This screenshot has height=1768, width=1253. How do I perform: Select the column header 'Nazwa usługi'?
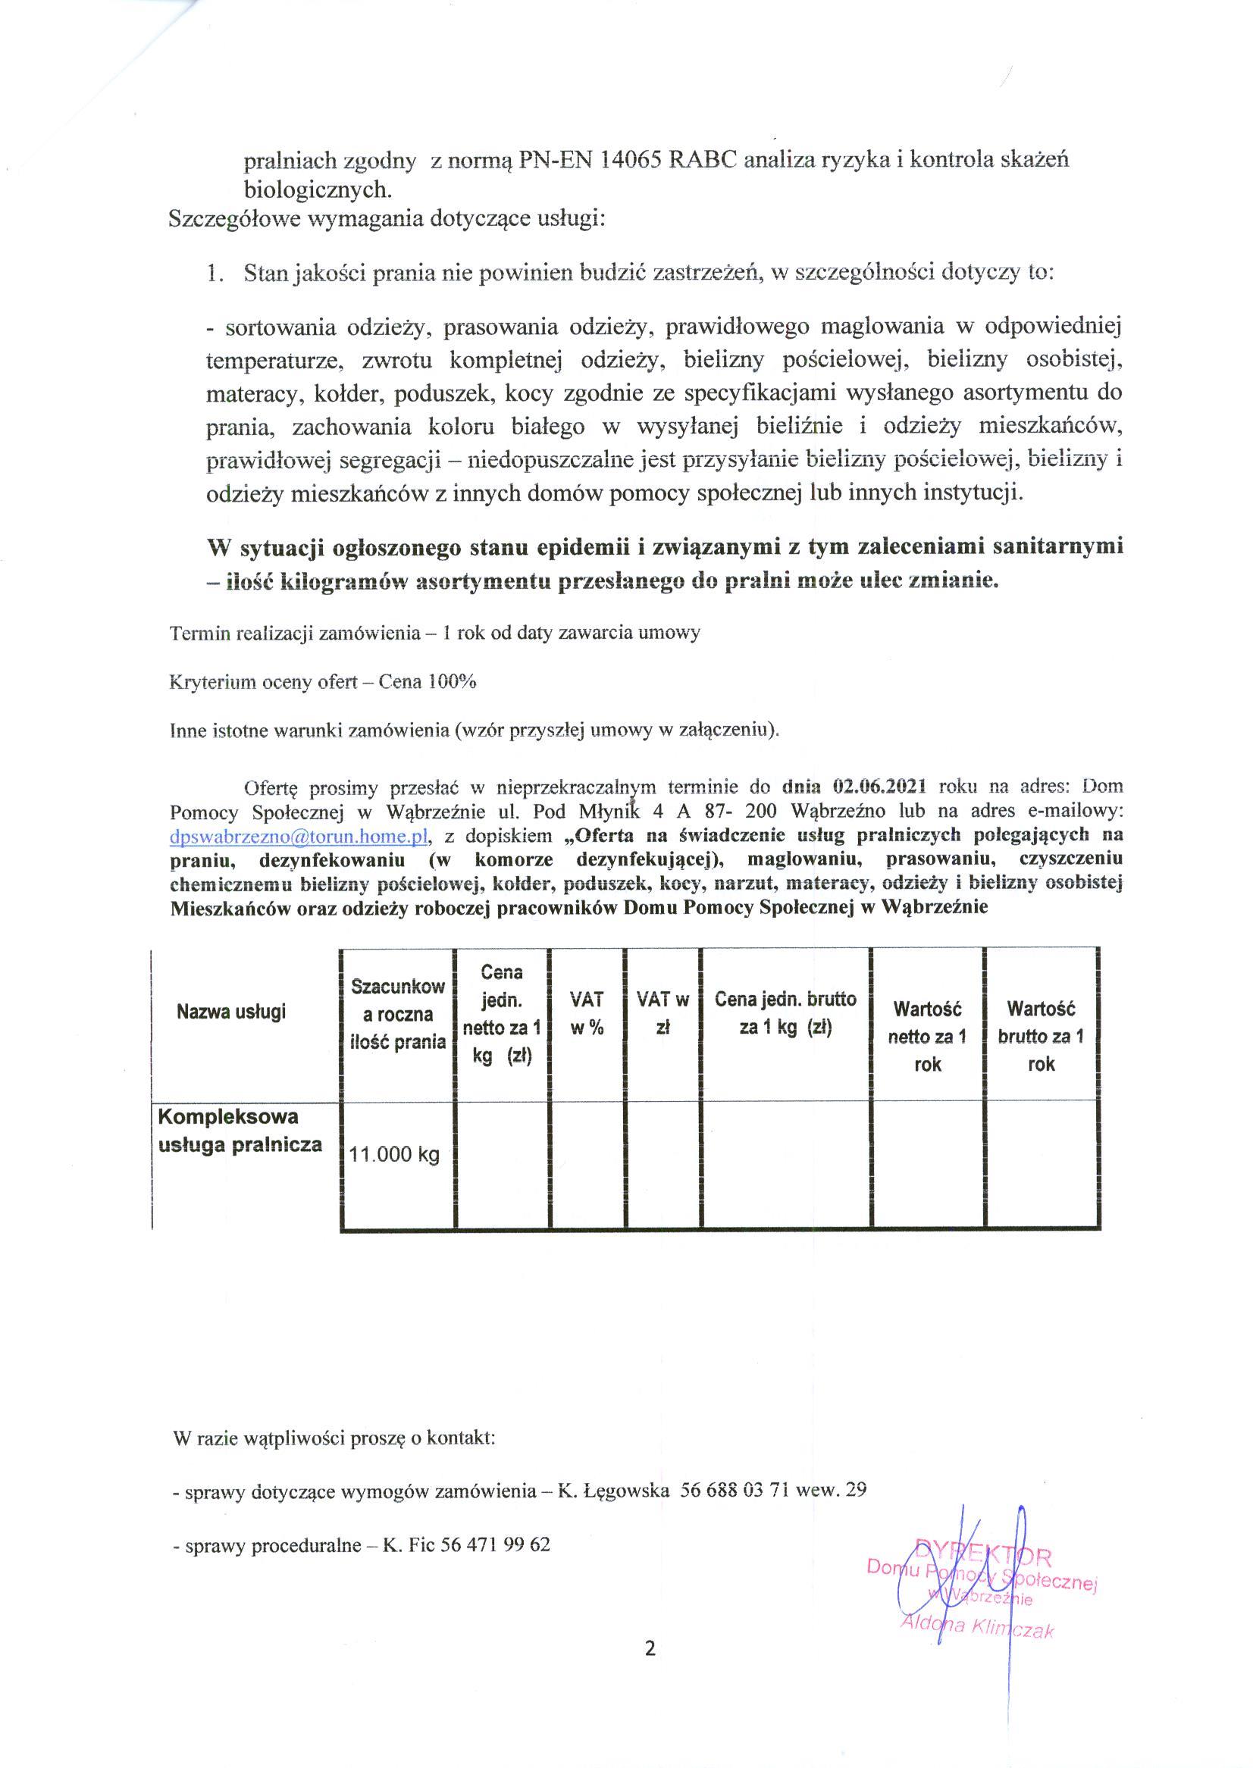click(230, 1012)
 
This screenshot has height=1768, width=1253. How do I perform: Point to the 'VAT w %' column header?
click(587, 1014)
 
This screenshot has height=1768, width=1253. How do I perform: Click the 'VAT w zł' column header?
click(662, 1014)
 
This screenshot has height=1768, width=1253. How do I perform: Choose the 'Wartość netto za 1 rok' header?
click(926, 1037)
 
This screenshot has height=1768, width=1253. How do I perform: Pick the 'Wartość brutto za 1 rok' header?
click(1041, 1037)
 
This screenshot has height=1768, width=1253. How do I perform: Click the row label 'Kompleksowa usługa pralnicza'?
click(240, 1131)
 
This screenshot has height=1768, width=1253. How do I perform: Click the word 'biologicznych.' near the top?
click(318, 190)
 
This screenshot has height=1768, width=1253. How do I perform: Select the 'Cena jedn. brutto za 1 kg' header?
click(785, 1014)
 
